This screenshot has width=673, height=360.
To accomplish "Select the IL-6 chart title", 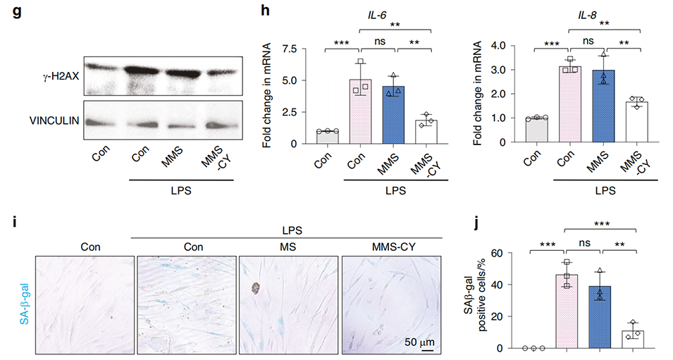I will (379, 11).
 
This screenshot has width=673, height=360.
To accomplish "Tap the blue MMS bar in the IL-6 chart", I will (394, 116).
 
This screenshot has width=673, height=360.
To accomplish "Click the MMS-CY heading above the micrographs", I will (391, 247).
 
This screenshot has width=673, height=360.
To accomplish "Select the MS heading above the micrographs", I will (289, 247).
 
